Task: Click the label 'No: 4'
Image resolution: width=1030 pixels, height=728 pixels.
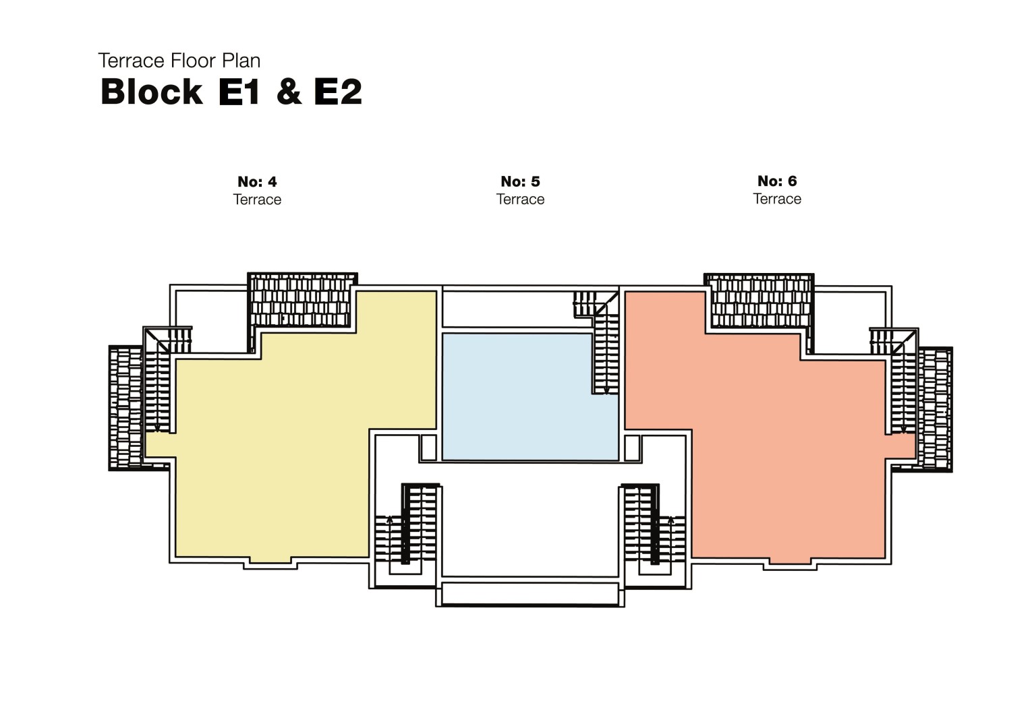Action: [257, 182]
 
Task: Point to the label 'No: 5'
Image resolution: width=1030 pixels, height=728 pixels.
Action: [520, 181]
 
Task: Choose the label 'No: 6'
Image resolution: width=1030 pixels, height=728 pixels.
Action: [777, 181]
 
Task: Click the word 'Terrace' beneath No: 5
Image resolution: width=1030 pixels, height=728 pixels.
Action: [520, 200]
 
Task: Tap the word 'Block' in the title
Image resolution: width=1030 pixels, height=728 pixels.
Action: [151, 92]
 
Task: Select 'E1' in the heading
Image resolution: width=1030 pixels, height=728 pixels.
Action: [239, 92]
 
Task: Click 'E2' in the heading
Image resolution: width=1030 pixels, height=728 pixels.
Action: [338, 92]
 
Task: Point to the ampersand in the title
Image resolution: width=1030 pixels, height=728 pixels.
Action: [289, 92]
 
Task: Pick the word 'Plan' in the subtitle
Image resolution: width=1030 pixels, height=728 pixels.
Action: [241, 61]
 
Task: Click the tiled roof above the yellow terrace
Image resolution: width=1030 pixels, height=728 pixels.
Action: [302, 301]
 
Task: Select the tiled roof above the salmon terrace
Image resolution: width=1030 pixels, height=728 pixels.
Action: [760, 301]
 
